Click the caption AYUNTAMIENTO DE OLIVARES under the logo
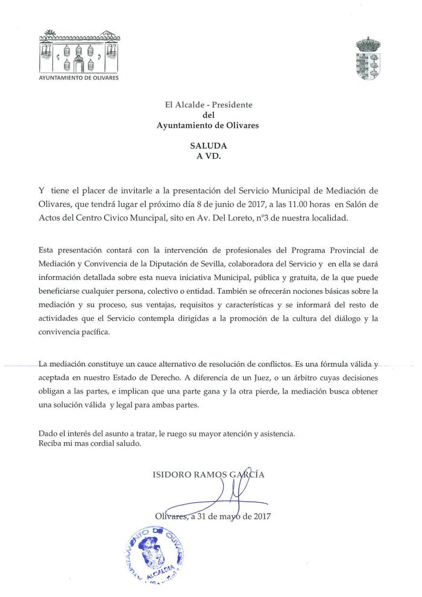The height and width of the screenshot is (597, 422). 79,79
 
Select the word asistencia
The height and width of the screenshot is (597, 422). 277,434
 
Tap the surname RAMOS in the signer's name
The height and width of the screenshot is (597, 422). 207,475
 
